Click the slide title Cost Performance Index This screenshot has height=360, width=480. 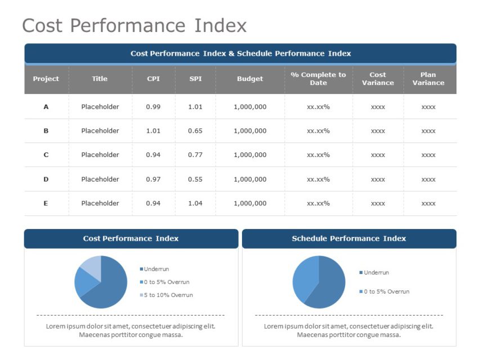point(134,26)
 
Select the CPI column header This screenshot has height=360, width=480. point(153,79)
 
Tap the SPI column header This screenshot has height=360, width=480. point(195,79)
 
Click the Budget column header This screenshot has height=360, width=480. point(250,79)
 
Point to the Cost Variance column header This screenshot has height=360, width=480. point(378,79)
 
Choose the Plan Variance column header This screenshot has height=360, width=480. point(428,79)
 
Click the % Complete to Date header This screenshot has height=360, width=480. point(318,79)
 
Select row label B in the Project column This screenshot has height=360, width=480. point(46,131)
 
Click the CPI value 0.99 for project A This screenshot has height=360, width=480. point(153,107)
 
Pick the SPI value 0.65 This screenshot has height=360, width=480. point(195,131)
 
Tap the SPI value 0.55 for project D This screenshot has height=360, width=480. point(195,179)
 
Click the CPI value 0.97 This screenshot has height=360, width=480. point(153,179)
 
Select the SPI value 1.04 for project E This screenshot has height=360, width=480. point(195,204)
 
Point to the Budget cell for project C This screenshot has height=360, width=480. point(250,155)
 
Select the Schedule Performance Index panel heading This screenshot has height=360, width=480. point(349,238)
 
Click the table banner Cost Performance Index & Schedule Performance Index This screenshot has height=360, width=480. point(240,53)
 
